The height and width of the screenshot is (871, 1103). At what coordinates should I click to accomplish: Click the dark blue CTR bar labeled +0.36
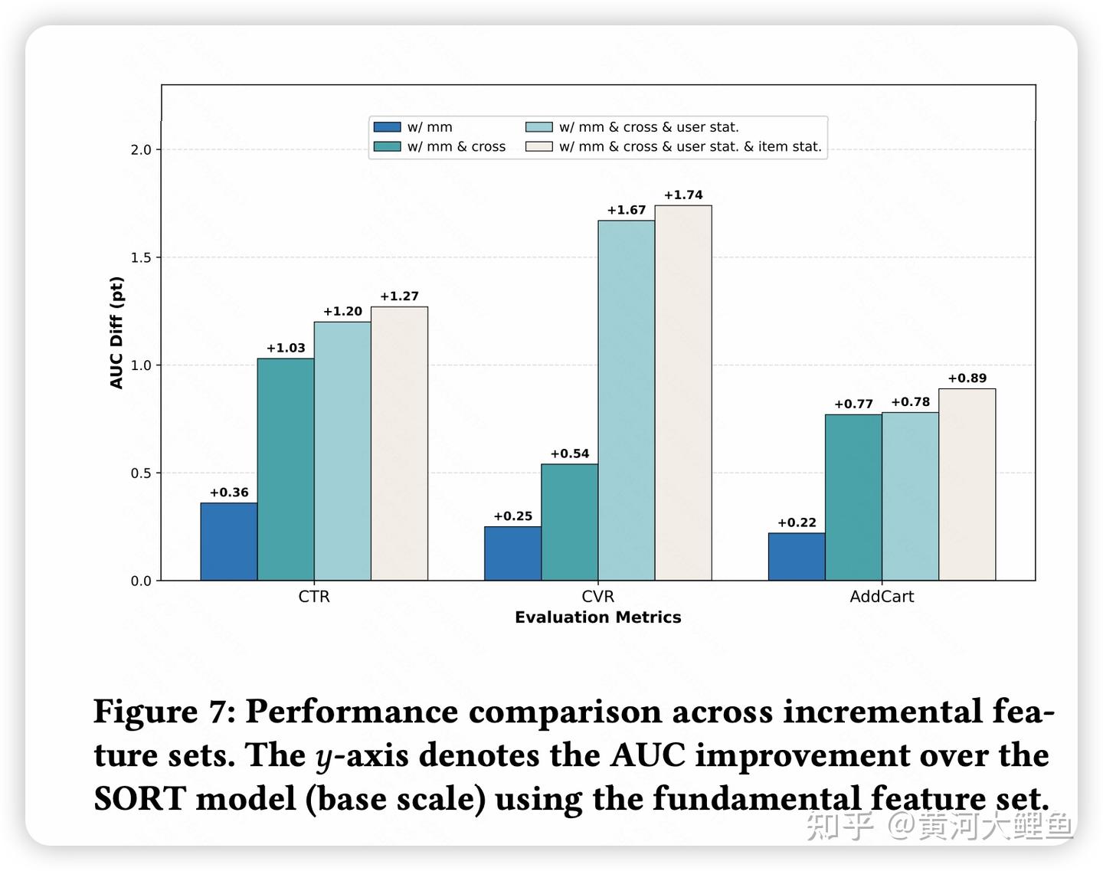click(x=228, y=542)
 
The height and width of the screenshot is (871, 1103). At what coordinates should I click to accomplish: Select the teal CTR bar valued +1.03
click(x=285, y=469)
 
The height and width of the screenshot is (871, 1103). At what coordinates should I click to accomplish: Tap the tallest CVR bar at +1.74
click(x=682, y=392)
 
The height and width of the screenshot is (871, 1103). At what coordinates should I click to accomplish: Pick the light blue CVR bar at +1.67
click(x=626, y=400)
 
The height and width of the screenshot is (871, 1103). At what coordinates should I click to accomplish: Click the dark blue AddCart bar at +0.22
click(x=797, y=557)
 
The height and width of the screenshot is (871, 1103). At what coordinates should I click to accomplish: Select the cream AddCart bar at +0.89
click(x=967, y=484)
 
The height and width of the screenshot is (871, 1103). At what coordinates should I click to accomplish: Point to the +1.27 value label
click(x=399, y=296)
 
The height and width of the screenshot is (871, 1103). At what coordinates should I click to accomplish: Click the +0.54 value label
click(x=570, y=454)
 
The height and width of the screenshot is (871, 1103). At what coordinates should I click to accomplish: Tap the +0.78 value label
click(x=910, y=402)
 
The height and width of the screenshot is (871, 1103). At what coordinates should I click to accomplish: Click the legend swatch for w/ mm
click(x=387, y=127)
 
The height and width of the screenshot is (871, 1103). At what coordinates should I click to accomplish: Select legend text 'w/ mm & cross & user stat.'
click(x=649, y=127)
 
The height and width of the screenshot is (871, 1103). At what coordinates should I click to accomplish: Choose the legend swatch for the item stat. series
click(x=538, y=146)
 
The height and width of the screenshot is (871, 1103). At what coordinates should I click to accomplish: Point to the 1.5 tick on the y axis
click(x=141, y=257)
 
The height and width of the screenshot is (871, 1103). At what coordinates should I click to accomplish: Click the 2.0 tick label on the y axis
click(x=141, y=149)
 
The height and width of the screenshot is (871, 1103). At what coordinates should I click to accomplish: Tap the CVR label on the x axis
click(x=597, y=596)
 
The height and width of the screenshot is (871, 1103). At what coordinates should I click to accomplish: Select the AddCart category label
click(x=882, y=596)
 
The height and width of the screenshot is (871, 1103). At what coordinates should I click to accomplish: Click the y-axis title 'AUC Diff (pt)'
click(x=116, y=332)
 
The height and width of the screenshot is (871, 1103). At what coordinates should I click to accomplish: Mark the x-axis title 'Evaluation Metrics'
click(x=597, y=617)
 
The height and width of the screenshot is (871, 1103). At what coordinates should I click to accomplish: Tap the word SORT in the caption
click(x=139, y=799)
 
